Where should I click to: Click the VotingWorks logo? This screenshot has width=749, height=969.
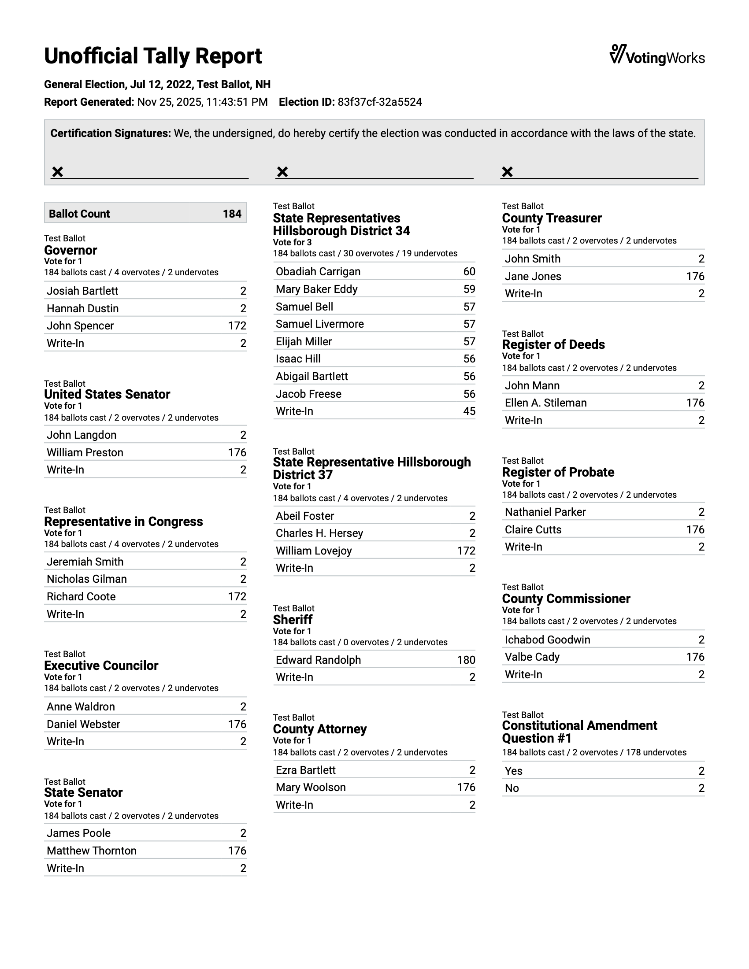point(657,56)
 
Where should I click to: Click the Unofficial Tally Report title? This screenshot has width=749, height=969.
point(152,56)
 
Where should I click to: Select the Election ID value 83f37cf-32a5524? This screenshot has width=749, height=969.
point(379,102)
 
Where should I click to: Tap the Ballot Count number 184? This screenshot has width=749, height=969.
point(232,214)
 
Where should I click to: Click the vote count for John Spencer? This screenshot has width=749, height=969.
point(237,325)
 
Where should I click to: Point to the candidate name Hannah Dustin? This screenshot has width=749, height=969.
point(82,308)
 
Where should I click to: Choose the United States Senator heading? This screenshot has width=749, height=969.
point(107,395)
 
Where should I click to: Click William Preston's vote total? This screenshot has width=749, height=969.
point(237,452)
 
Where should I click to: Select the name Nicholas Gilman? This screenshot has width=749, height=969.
point(86,579)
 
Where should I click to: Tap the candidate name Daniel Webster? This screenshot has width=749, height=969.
point(83,724)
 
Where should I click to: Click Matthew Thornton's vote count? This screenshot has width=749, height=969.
point(237,851)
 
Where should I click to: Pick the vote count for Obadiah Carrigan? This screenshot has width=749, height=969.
point(469,271)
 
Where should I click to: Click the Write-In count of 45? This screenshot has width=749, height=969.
point(469,411)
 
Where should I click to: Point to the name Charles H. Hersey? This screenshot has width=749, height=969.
point(319,533)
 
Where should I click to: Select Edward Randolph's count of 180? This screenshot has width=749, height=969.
point(466,660)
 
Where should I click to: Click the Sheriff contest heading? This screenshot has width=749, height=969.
point(293,620)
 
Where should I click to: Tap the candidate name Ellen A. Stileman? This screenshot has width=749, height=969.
point(545,403)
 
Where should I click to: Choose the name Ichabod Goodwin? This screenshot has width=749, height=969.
point(547,640)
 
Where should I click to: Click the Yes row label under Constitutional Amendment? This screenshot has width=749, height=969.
point(513,771)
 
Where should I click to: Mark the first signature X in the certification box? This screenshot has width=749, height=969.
point(58,172)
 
